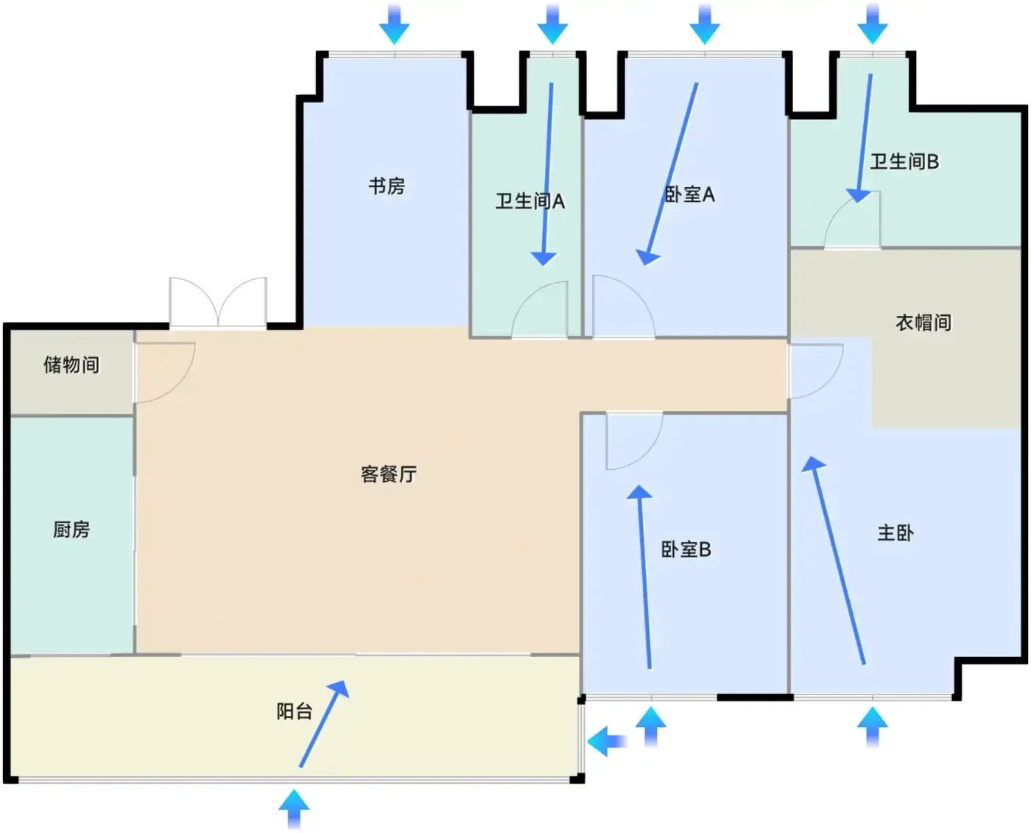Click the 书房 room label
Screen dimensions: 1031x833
coord(387,186)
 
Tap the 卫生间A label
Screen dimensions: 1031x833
coord(529,201)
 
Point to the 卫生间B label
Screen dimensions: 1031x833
coord(904,161)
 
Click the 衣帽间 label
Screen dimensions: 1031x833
coord(923,323)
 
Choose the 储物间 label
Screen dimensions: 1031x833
coord(71,365)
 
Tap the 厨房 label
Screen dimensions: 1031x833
coord(71,529)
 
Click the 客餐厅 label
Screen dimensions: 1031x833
coord(388,474)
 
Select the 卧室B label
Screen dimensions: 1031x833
coord(686,549)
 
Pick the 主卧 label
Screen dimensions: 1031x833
coord(895,533)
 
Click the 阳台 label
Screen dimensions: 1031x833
coord(295,711)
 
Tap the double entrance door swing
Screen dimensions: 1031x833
coord(218,303)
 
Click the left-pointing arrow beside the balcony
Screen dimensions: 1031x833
coord(607,740)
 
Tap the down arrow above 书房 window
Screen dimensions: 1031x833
coord(394,24)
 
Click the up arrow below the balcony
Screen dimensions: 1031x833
coord(294,809)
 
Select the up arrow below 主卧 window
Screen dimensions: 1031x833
coord(872,726)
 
